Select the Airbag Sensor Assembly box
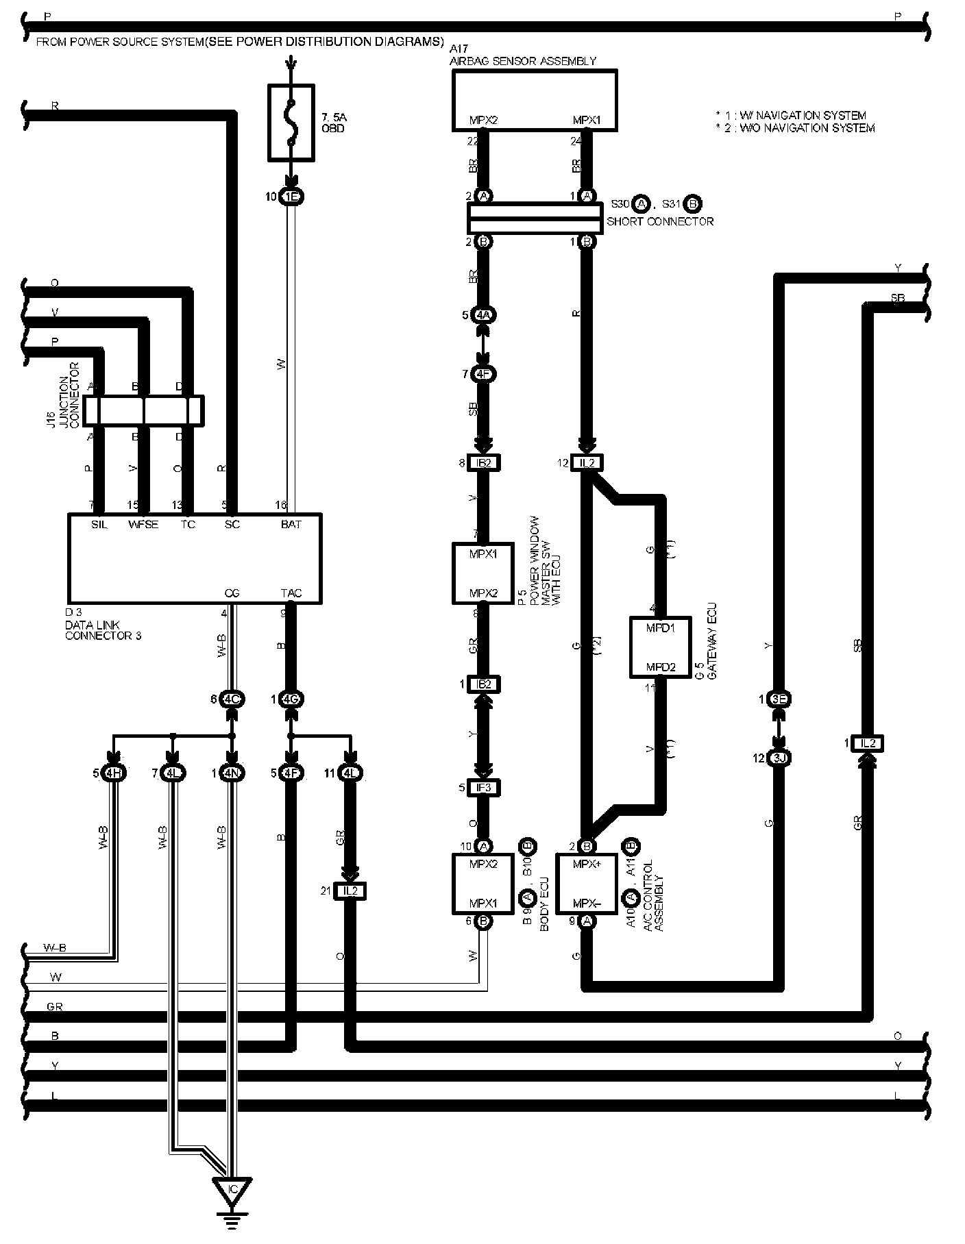click(x=535, y=99)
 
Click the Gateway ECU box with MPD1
click(x=660, y=647)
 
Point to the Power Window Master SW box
click(x=483, y=573)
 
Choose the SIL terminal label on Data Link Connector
click(x=99, y=524)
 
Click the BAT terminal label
click(x=291, y=524)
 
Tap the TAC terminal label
click(x=291, y=593)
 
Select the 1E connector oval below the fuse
click(x=292, y=197)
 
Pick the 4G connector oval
click(x=292, y=699)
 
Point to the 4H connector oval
click(x=114, y=773)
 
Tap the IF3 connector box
click(x=483, y=788)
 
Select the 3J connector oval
click(x=779, y=758)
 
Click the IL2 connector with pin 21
click(x=350, y=891)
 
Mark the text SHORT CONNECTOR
click(x=659, y=221)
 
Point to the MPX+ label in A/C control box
click(x=586, y=864)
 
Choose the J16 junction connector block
click(x=143, y=410)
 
